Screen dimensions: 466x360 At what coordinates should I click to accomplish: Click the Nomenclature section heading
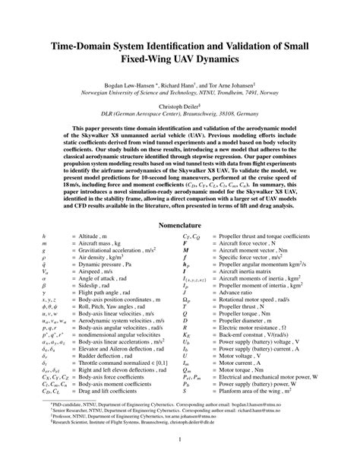(x=180, y=226)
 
